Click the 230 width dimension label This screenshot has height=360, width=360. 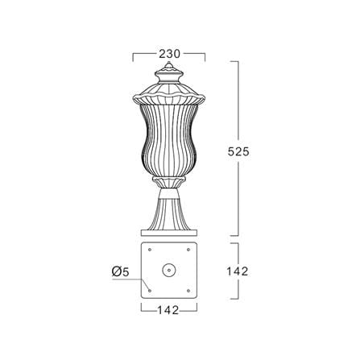169,54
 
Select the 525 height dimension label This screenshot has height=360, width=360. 238,152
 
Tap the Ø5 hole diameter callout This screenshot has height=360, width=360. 121,271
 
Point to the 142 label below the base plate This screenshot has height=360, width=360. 168,310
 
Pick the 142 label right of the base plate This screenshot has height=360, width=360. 238,271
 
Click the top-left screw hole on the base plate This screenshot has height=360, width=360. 150,250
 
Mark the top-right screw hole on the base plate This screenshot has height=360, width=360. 188,250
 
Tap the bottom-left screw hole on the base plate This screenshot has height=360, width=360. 150,291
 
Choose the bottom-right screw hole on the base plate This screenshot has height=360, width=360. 188,291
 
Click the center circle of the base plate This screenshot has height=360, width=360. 169,270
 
